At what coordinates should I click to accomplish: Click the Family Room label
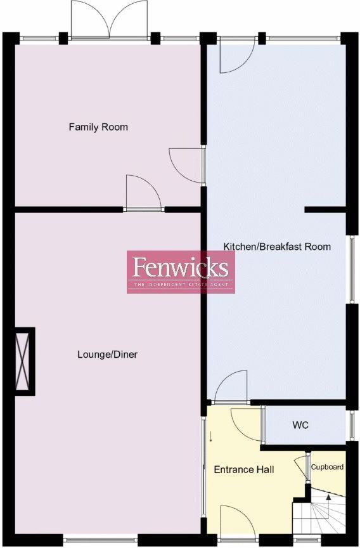click(98, 127)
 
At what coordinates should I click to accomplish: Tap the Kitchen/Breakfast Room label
click(277, 246)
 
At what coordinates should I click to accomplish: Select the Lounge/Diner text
click(107, 355)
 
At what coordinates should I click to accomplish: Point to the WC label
click(300, 425)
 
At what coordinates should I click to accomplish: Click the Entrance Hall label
click(244, 470)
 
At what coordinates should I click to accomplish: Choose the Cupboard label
click(327, 467)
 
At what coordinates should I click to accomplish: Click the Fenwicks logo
click(181, 271)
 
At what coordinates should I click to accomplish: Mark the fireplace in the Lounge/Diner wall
click(25, 361)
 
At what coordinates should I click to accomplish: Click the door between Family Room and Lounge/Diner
click(143, 193)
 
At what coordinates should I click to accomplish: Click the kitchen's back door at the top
click(235, 55)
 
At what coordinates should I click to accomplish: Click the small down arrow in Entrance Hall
click(211, 437)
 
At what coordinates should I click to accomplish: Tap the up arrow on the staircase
click(328, 499)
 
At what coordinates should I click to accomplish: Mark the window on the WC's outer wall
click(349, 425)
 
